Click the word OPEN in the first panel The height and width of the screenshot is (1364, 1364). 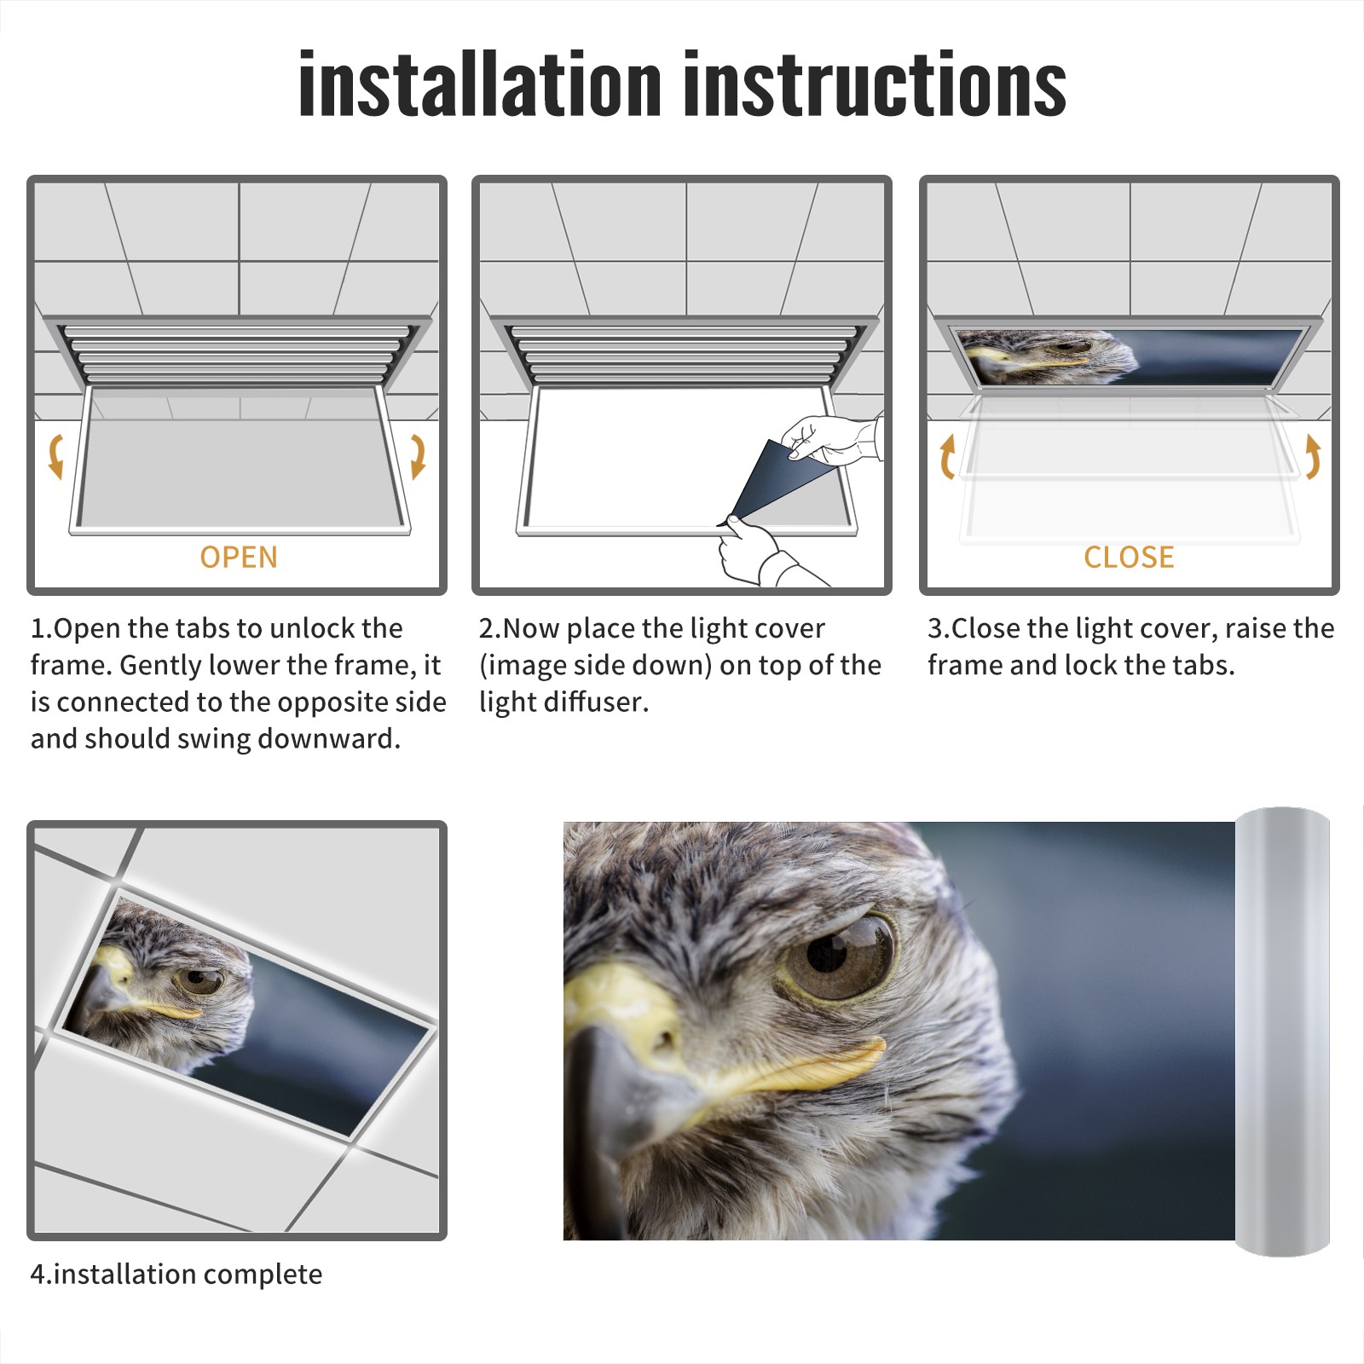(x=239, y=557)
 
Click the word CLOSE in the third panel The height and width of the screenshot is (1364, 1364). (x=1129, y=557)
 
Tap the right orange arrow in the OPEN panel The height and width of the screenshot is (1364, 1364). (x=418, y=456)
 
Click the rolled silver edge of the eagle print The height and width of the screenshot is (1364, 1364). (x=1282, y=1032)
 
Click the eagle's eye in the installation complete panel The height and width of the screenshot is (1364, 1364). (x=200, y=980)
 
